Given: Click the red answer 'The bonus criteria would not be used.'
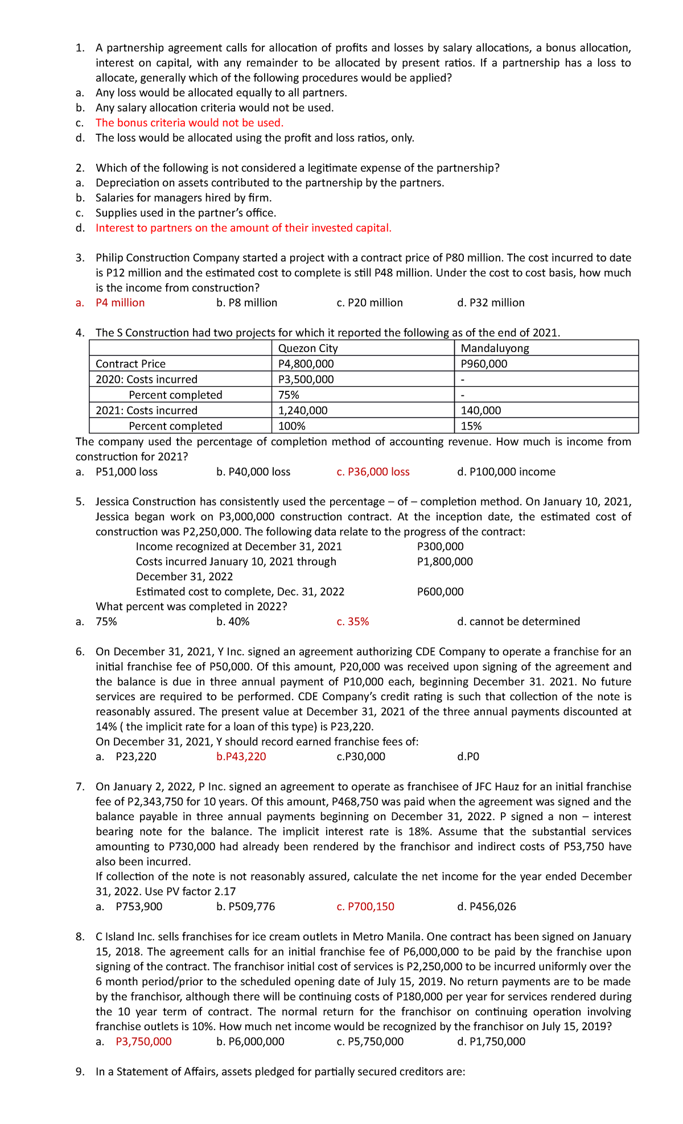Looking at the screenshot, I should [x=189, y=123].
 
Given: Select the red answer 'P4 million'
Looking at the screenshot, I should [x=120, y=303].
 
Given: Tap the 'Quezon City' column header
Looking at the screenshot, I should [x=307, y=348].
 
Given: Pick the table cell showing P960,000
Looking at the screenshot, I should [x=484, y=363].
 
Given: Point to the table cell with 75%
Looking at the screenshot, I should [x=289, y=395].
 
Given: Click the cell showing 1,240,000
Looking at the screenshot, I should [x=302, y=410].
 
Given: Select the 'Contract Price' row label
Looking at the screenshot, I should [x=130, y=363].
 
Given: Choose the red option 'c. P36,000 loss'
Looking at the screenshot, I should [x=373, y=472].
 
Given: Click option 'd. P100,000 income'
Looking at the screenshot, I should [x=506, y=472].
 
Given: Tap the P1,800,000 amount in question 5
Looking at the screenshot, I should [x=445, y=561].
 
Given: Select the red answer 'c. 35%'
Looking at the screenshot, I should [x=352, y=621].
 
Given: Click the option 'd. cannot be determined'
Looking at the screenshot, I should [x=518, y=621].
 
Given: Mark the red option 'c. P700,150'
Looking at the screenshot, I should [x=365, y=906].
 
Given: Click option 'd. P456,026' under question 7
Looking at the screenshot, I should [x=486, y=906].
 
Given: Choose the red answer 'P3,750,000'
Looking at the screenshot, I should [x=143, y=1042].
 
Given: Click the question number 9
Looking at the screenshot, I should [x=80, y=1072].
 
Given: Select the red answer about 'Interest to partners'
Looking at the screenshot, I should [x=243, y=228].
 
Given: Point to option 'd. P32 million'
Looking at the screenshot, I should [x=491, y=303].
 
